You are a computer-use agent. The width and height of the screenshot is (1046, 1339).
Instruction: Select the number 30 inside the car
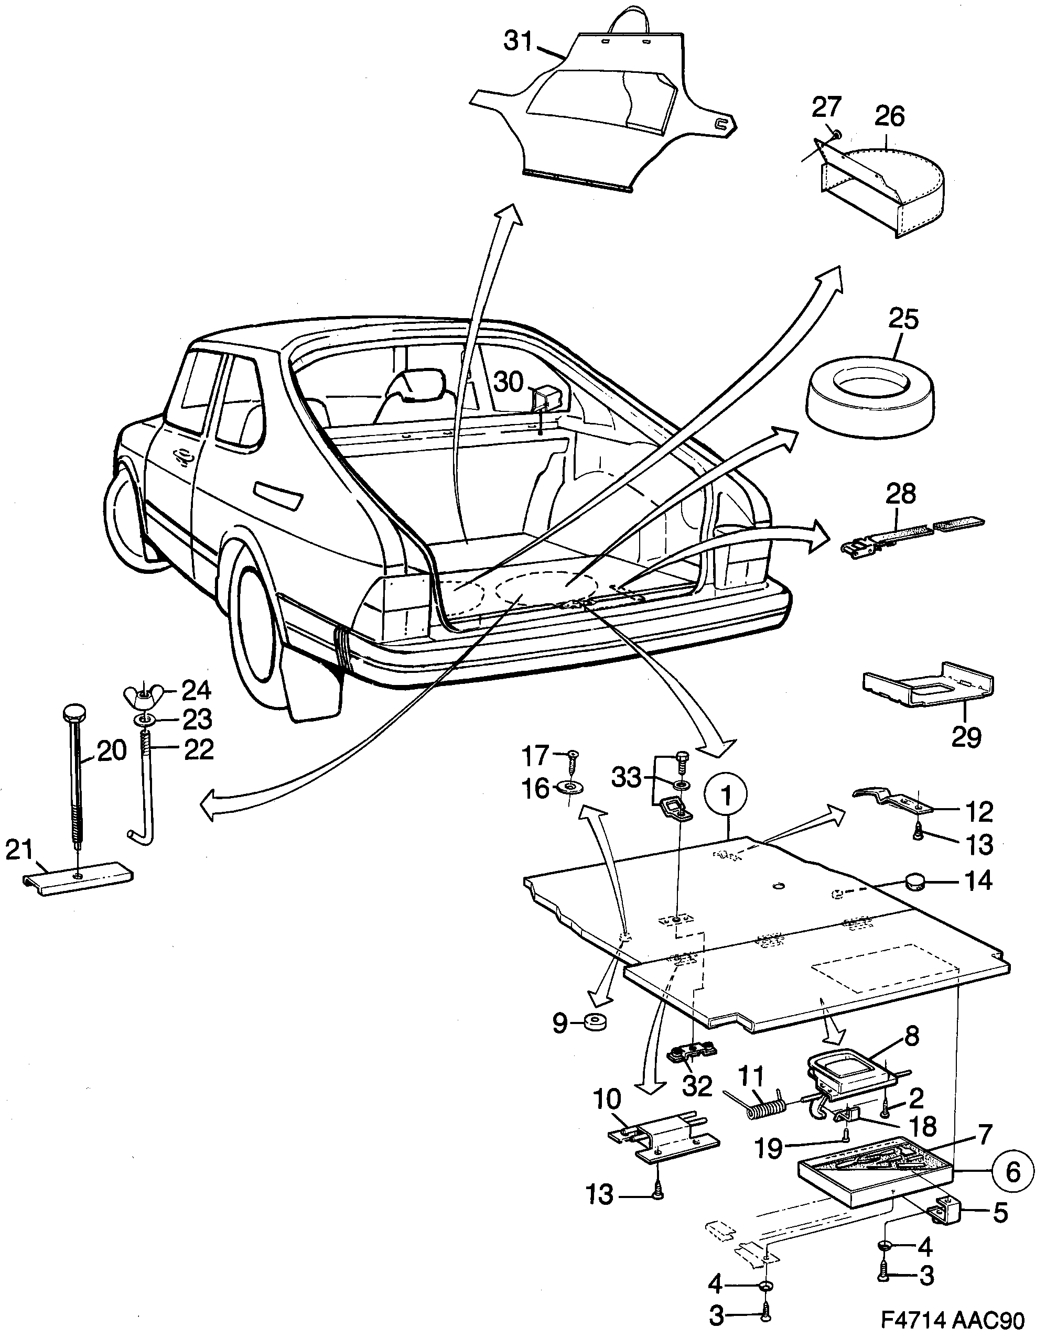[x=509, y=382]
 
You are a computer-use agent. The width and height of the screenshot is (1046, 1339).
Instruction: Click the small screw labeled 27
[x=837, y=133]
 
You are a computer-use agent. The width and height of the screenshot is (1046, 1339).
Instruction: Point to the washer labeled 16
[x=570, y=787]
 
